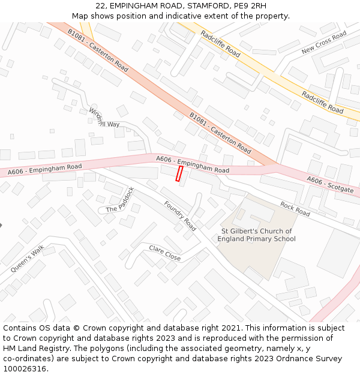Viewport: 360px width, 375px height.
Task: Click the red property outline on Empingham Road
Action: (x=179, y=173)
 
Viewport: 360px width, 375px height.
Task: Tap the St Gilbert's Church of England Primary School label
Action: (x=257, y=235)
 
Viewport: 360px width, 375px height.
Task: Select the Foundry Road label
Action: (x=180, y=216)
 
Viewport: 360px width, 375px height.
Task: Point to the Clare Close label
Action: (x=165, y=253)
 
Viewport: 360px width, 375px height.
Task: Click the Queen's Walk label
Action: (x=27, y=259)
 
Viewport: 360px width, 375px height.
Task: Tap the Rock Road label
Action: (x=295, y=209)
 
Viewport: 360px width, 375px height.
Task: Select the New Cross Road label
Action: (x=324, y=43)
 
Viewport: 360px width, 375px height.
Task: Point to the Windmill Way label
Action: (x=104, y=118)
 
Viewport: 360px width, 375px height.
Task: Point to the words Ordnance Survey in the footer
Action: (x=312, y=358)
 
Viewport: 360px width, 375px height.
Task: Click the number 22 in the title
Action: (x=100, y=6)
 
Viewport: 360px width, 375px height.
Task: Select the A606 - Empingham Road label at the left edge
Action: (x=44, y=170)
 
